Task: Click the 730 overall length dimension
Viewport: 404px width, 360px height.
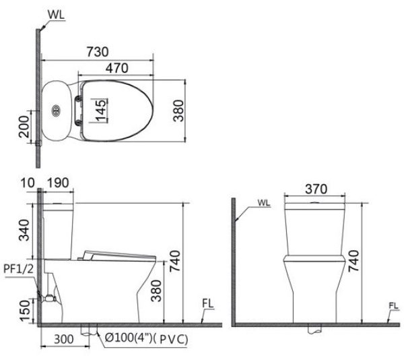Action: (x=98, y=51)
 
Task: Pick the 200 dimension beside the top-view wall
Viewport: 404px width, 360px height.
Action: (x=23, y=125)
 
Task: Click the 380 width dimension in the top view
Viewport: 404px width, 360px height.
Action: (x=178, y=110)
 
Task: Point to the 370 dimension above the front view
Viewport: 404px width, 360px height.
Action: (x=316, y=189)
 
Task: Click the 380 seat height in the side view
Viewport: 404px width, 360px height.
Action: (x=156, y=289)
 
